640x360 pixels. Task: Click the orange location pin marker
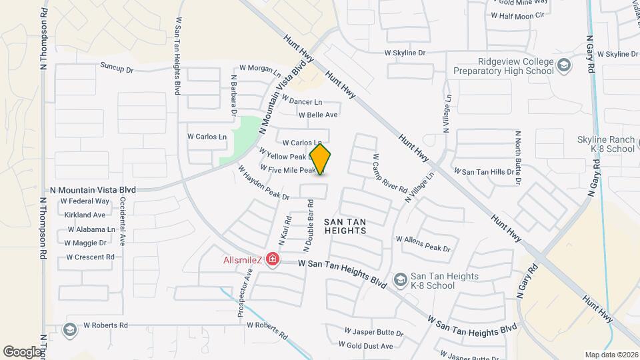click(321, 159)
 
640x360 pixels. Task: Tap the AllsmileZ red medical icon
click(272, 259)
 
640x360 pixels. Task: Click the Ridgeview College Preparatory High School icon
click(564, 65)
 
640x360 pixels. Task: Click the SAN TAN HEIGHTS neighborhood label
click(346, 225)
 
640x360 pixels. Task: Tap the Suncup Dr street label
click(117, 68)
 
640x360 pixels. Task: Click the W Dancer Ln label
click(301, 101)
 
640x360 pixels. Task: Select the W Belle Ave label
click(319, 115)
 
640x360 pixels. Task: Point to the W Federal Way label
click(85, 201)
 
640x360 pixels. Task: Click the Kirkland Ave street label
click(85, 215)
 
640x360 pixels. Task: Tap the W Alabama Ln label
click(87, 229)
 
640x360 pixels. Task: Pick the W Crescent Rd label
click(90, 257)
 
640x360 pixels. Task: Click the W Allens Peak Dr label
click(423, 239)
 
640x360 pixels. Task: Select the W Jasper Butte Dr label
click(374, 331)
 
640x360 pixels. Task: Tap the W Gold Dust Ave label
click(365, 345)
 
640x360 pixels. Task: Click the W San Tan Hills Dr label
click(485, 171)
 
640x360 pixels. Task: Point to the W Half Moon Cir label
click(522, 15)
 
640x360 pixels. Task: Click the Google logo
click(22, 351)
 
